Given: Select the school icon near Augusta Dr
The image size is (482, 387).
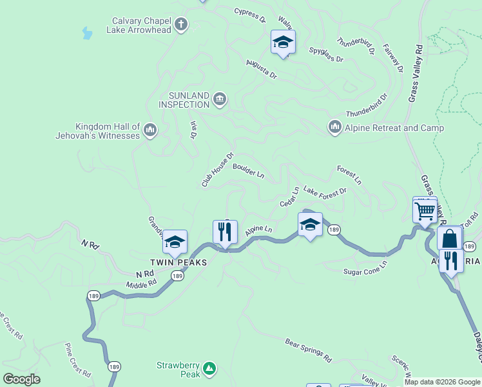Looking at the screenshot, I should [282, 43].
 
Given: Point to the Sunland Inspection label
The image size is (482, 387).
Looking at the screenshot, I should [184, 100].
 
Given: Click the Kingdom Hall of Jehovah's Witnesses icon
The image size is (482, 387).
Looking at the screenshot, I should [150, 131].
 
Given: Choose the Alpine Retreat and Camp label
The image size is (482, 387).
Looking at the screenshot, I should [394, 128].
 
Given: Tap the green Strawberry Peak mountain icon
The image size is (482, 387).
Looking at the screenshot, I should [209, 368].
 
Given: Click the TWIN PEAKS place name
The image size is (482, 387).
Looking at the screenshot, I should [178, 263].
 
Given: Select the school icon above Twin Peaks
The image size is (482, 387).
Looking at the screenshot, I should [175, 243].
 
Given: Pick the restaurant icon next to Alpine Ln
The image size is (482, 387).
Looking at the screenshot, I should [225, 232].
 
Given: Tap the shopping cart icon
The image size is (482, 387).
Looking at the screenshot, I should [425, 210].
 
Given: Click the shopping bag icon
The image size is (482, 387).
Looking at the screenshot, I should [449, 239].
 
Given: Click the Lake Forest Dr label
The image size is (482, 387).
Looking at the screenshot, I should [325, 192].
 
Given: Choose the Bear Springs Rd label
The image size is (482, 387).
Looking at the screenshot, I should [308, 349].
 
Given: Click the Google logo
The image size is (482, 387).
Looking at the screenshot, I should [21, 379].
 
